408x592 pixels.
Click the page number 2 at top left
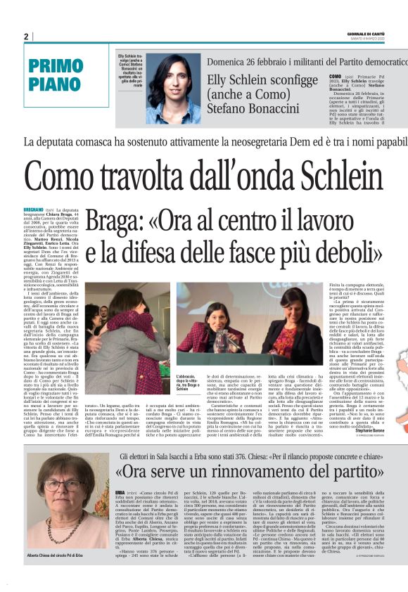(x=26, y=37)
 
